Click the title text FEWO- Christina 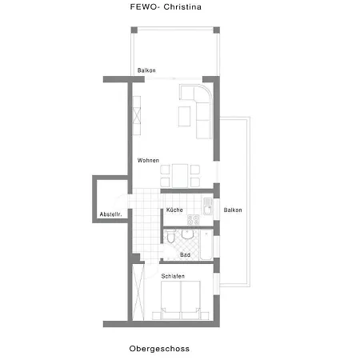(x=166, y=7)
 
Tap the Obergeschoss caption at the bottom (x=159, y=349)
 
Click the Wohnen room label (x=148, y=160)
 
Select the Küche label (x=174, y=210)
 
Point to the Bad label (x=185, y=255)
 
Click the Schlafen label (x=173, y=276)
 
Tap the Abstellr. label (x=110, y=214)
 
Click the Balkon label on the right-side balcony (x=233, y=210)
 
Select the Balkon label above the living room (x=146, y=70)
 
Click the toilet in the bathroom (x=170, y=236)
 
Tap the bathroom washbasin (x=188, y=234)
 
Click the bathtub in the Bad (x=206, y=245)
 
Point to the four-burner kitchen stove (x=194, y=220)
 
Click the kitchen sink (x=208, y=206)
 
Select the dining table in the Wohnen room (x=180, y=176)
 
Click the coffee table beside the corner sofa (x=184, y=116)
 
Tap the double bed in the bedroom (x=181, y=300)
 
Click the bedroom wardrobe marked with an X (x=138, y=292)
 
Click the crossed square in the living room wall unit (x=137, y=115)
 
